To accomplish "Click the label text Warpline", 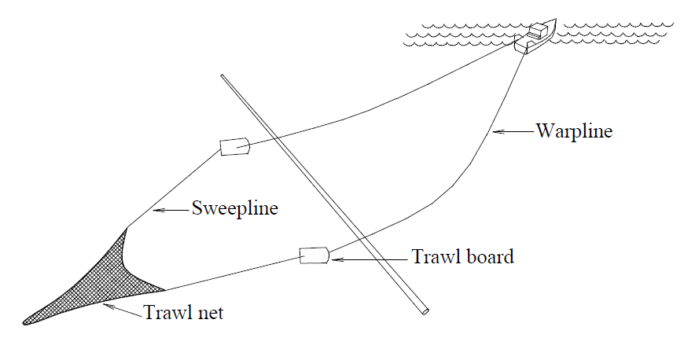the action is pos(574,131).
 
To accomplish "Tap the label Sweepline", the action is pos(235,208).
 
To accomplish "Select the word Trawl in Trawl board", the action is pos(434,256).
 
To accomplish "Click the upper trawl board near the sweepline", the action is pos(235,147).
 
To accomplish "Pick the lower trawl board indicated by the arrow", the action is pos(314,255).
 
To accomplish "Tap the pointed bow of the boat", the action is pos(556,19).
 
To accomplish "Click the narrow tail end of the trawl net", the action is pos(25,322).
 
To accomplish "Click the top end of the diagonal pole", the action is pos(222,76).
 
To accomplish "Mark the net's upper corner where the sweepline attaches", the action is pos(127,228).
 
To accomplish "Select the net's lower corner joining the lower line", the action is pos(165,290).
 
